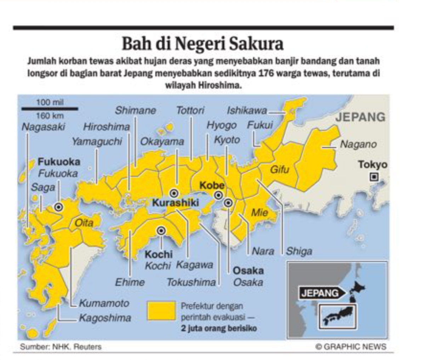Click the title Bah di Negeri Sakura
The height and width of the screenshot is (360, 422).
[203, 45]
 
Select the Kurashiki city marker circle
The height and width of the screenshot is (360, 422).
[174, 193]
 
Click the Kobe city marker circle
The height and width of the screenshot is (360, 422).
[218, 195]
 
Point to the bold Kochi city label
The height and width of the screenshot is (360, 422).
[159, 254]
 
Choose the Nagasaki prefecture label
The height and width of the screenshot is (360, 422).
[43, 127]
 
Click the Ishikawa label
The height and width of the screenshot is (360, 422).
[246, 111]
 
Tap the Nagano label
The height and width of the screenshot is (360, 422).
[358, 144]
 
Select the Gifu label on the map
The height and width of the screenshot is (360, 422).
[280, 170]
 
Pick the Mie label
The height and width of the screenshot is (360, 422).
[260, 213]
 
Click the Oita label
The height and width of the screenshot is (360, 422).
[84, 223]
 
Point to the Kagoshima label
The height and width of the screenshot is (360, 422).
[105, 318]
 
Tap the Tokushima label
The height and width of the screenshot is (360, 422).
[191, 282]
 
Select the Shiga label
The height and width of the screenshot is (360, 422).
[299, 251]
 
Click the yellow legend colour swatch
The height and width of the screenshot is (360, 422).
[161, 311]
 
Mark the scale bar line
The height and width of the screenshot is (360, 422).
[50, 109]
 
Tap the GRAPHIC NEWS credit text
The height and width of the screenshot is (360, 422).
[351, 347]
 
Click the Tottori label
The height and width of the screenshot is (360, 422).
[190, 111]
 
